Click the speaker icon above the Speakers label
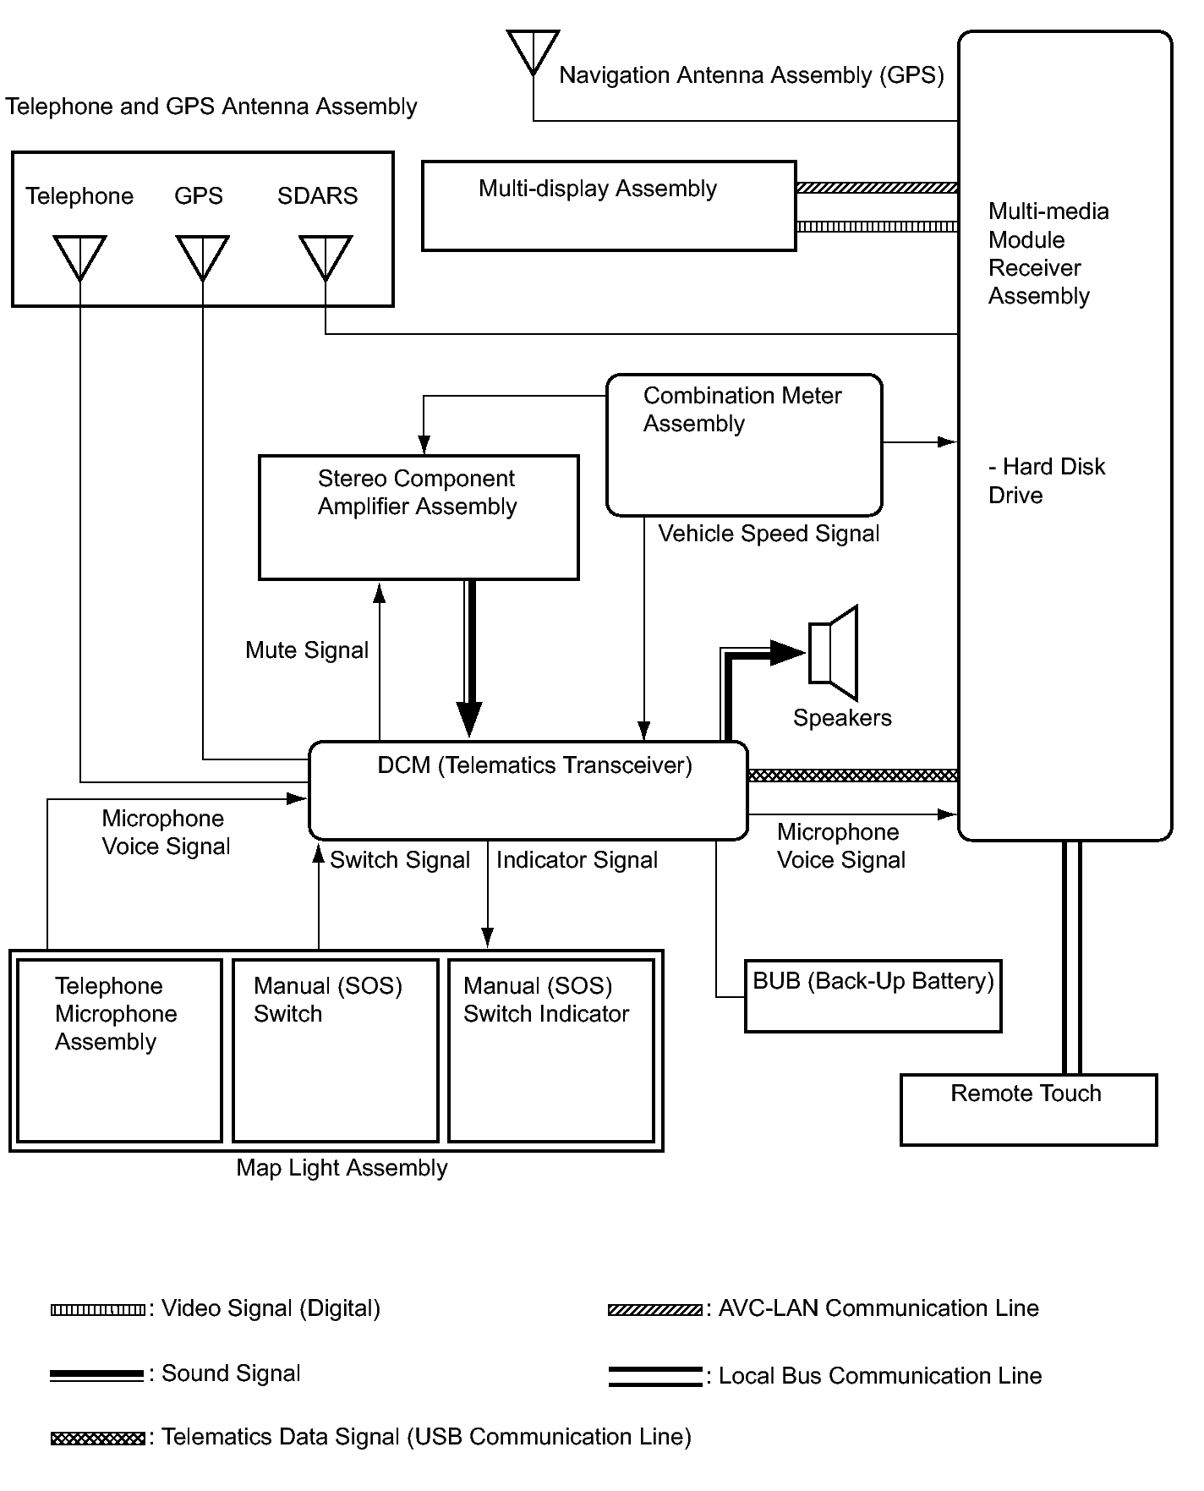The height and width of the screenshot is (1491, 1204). (834, 653)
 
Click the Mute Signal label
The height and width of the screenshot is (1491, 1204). (307, 650)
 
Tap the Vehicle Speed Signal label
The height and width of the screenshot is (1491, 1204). (769, 534)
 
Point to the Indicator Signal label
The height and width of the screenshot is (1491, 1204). (577, 860)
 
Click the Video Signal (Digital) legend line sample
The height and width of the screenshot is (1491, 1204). (97, 1310)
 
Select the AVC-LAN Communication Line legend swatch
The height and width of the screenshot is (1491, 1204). (654, 1310)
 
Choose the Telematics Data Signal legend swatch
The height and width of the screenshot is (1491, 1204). (97, 1438)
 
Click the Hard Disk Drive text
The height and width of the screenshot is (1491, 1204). (1047, 480)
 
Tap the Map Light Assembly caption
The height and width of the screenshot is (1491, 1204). (342, 1168)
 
